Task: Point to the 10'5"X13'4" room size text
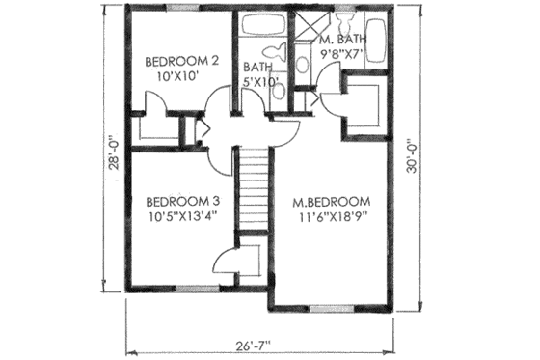coord(181,217)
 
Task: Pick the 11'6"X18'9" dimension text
coord(331,217)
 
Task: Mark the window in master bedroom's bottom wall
coord(325,309)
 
